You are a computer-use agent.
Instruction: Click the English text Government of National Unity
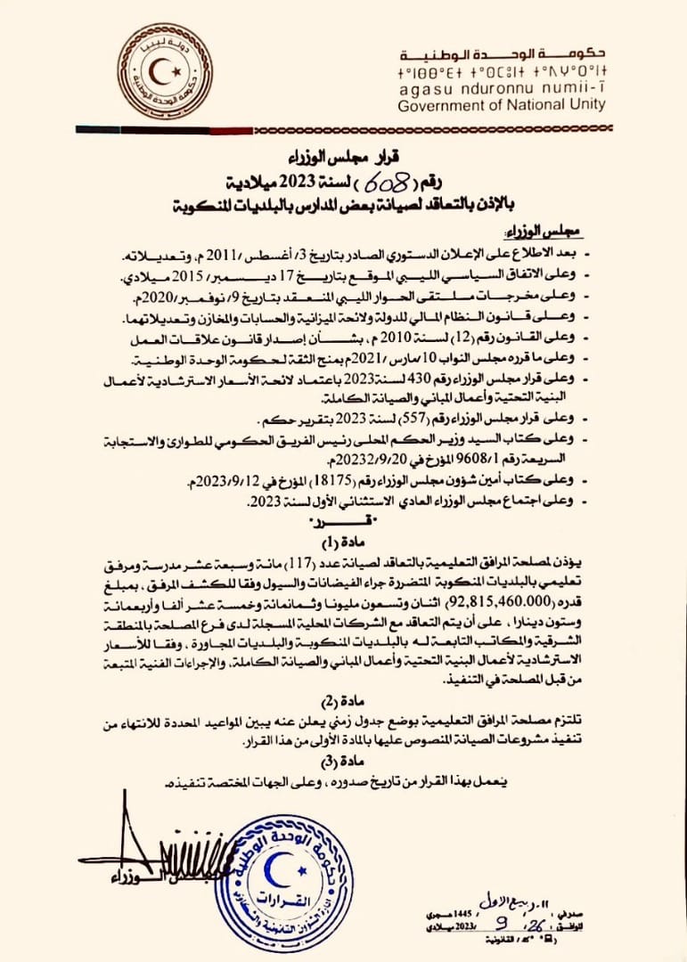tap(502, 104)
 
